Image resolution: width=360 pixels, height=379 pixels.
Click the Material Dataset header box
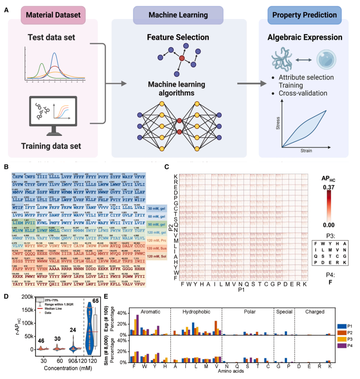pyautogui.click(x=53, y=15)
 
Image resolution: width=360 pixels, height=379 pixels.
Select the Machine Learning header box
pyautogui.click(x=178, y=15)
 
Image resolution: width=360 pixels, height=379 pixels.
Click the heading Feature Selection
pyautogui.click(x=178, y=37)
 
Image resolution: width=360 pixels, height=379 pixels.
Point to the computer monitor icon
pyautogui.click(x=53, y=115)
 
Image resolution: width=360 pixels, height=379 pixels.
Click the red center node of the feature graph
pyautogui.click(x=182, y=58)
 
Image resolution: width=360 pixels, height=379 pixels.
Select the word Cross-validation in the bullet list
pyautogui.click(x=303, y=93)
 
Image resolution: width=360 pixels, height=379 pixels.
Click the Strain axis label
pyautogui.click(x=306, y=151)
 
